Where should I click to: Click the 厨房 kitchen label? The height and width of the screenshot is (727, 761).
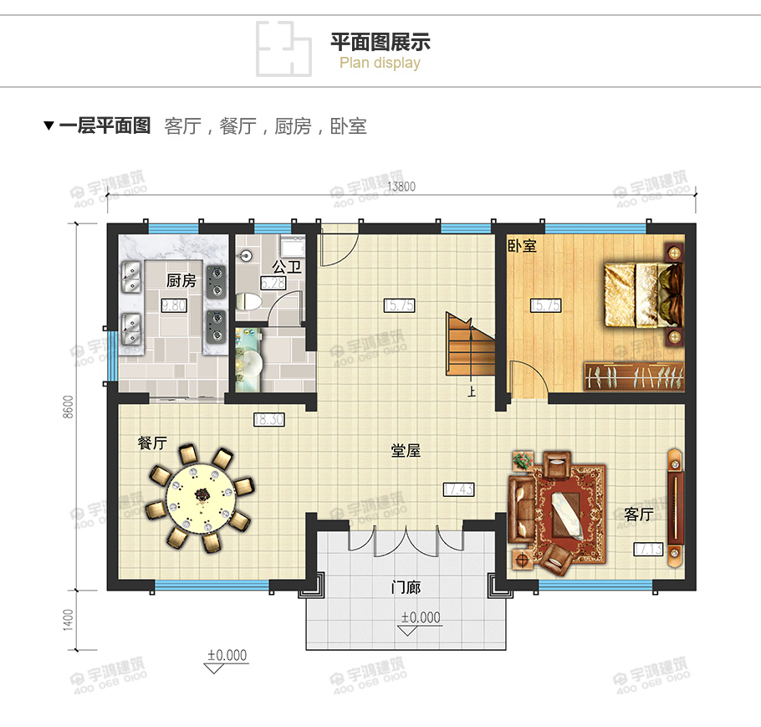point(181,281)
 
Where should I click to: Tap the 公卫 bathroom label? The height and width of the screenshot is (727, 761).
point(287,268)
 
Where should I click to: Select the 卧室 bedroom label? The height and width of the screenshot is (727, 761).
point(522,247)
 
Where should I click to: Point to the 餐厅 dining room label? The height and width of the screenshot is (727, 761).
point(152,443)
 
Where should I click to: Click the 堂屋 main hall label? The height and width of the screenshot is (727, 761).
point(406,451)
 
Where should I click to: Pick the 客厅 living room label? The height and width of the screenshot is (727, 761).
point(638,515)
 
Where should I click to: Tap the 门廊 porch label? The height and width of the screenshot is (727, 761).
point(406,587)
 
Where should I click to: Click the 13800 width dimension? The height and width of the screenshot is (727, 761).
point(401,187)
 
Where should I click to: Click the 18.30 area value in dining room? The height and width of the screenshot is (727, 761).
point(268,420)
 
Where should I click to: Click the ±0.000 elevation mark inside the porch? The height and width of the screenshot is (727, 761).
point(420,618)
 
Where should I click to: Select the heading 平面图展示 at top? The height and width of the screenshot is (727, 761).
point(380,42)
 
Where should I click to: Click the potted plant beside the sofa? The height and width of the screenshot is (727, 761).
point(522,461)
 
